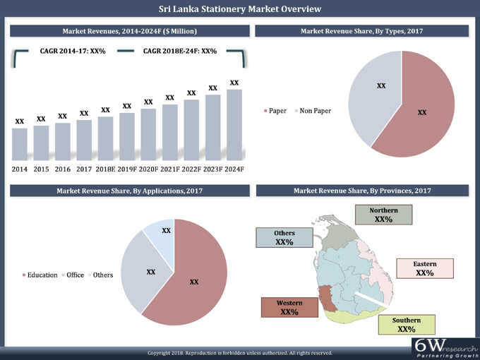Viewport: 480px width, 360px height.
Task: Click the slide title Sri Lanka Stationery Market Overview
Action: tap(240, 9)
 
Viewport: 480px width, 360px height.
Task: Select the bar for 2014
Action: tap(20, 144)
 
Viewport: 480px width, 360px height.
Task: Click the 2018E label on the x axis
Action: tap(105, 169)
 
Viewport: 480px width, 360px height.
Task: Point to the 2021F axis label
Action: tap(170, 169)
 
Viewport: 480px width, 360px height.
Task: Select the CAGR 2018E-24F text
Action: tap(179, 52)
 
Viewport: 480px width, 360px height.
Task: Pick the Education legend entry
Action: tap(40, 275)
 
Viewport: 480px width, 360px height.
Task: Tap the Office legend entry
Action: tap(73, 275)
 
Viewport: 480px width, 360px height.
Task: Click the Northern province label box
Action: tap(383, 215)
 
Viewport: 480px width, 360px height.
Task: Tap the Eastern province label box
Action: tap(424, 269)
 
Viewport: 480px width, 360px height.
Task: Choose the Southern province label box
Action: tap(406, 325)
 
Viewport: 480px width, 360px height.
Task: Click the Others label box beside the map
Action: tap(284, 237)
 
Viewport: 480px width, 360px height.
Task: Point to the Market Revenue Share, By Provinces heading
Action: tap(362, 191)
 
